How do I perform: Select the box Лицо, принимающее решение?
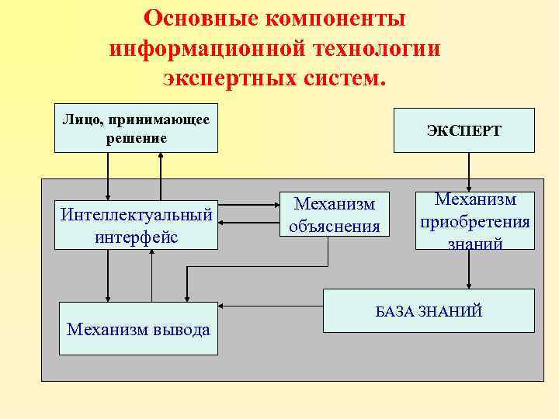click(136, 128)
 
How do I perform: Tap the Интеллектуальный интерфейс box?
click(136, 225)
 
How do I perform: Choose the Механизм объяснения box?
click(334, 214)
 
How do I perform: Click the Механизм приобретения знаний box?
click(474, 220)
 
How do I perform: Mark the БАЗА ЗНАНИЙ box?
click(429, 311)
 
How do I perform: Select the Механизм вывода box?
click(138, 329)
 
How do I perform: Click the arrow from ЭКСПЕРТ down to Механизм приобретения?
click(468, 171)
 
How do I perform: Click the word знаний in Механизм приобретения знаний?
click(475, 244)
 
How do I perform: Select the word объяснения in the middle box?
click(334, 226)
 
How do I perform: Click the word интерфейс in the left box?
click(136, 237)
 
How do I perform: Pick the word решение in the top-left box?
click(136, 138)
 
